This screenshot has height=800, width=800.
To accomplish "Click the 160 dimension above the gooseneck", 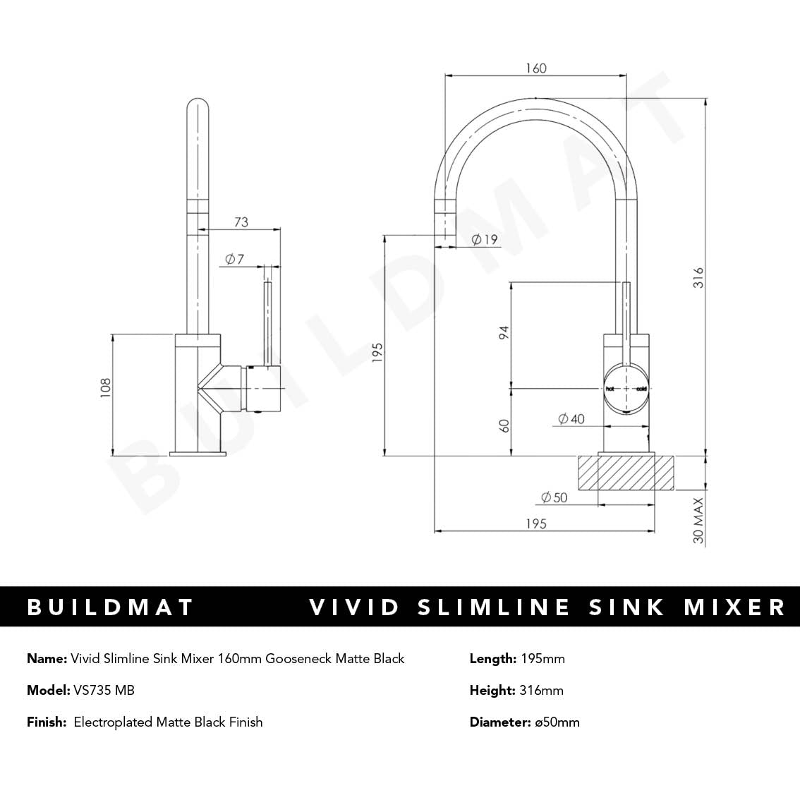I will (x=536, y=68).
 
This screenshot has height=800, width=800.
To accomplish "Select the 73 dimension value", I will (x=241, y=222).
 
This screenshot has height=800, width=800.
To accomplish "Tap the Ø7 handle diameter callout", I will (x=234, y=260).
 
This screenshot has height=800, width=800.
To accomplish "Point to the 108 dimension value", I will (x=106, y=389).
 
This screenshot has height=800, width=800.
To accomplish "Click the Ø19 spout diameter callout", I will (x=484, y=240).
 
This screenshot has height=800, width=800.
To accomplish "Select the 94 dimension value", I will (x=504, y=334).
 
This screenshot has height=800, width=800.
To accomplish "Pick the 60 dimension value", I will (x=504, y=425).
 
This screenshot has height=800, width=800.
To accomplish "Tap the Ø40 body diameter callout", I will (x=571, y=419).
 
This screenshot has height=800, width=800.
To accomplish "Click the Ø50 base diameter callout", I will (x=554, y=498).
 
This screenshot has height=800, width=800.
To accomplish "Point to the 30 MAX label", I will (x=698, y=521).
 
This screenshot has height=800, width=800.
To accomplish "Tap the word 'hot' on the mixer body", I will (x=610, y=389).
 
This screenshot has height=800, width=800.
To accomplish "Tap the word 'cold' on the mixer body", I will (x=641, y=389).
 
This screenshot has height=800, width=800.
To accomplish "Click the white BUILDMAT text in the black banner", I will (x=110, y=607).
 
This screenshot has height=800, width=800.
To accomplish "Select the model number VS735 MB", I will (x=104, y=691).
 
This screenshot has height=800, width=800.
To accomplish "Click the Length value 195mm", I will (x=543, y=659).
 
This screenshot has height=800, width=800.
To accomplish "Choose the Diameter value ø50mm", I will (x=557, y=722).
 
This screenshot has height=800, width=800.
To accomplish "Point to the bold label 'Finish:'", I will (x=47, y=722).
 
